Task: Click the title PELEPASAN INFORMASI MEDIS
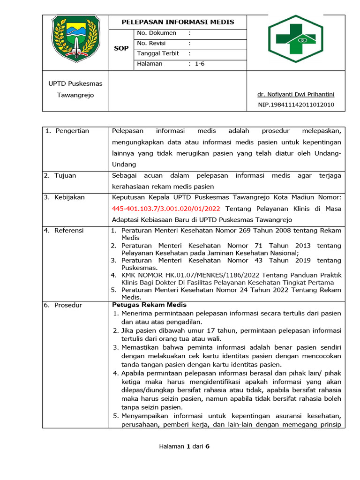pyautogui.click(x=178, y=22)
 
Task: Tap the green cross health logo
pyautogui.click(x=295, y=38)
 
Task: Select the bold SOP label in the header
pyautogui.click(x=121, y=48)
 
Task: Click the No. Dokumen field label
pyautogui.click(x=157, y=33)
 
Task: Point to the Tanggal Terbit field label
pyautogui.click(x=158, y=53)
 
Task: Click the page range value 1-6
pyautogui.click(x=200, y=64)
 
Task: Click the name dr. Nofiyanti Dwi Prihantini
pyautogui.click(x=296, y=94)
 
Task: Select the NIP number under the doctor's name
pyautogui.click(x=296, y=105)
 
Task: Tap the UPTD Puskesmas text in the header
pyautogui.click(x=75, y=84)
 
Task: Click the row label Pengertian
pyautogui.click(x=72, y=131)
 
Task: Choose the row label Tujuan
pyautogui.click(x=65, y=175)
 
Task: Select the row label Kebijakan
pyautogui.click(x=69, y=197)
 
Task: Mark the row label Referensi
pyautogui.click(x=69, y=230)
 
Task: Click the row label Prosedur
pyautogui.click(x=68, y=305)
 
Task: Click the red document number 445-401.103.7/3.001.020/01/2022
pyautogui.click(x=166, y=209)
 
